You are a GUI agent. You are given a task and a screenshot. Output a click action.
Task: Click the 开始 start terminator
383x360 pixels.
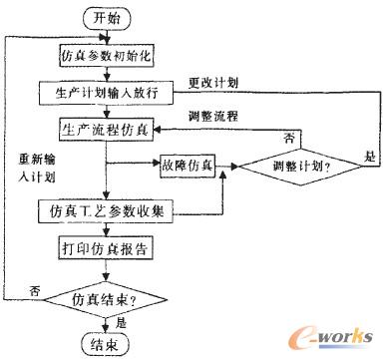click(x=112, y=18)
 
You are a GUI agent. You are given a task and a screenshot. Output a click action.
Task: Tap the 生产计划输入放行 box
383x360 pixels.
click(x=110, y=92)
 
